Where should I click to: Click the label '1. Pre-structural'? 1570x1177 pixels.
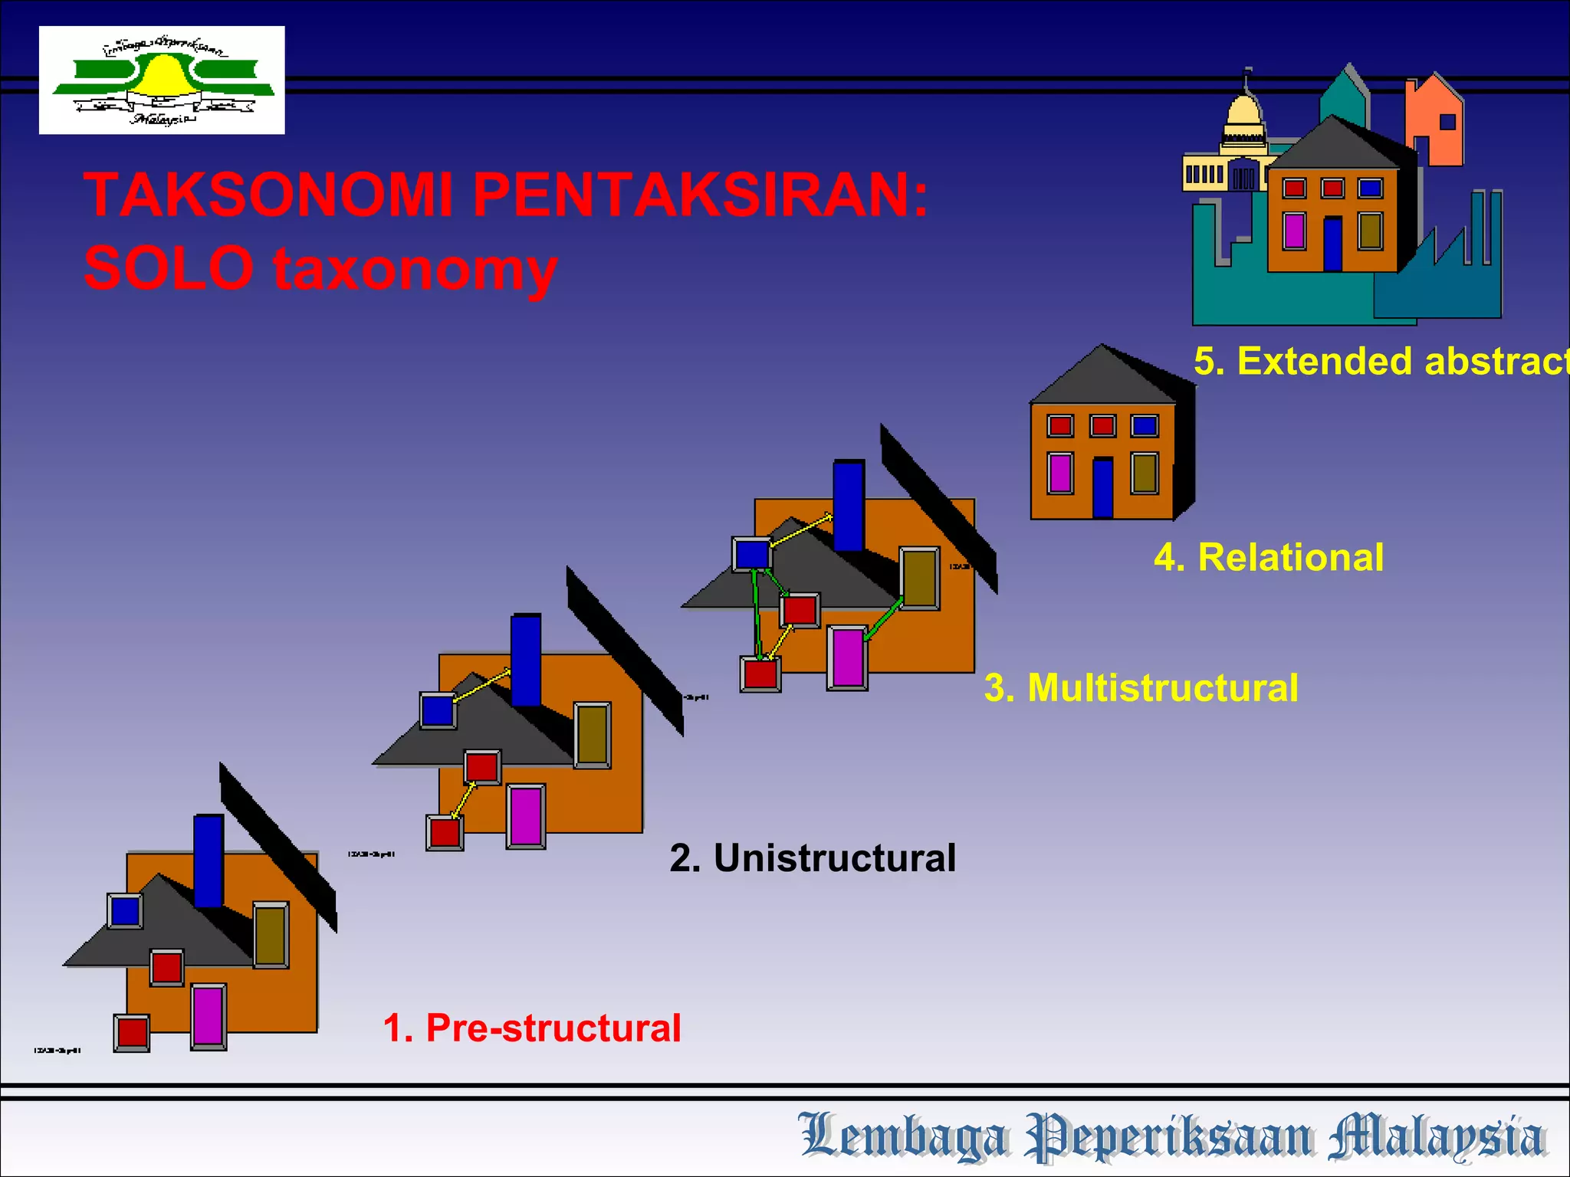(531, 1028)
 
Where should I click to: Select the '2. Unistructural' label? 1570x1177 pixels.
(813, 858)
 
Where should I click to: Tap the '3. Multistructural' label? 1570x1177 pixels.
(1141, 687)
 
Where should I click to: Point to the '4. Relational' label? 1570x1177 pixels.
(1269, 557)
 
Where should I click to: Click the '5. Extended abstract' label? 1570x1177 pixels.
(1380, 361)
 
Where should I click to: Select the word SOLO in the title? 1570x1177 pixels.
(169, 268)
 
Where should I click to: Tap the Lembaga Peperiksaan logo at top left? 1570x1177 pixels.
(162, 80)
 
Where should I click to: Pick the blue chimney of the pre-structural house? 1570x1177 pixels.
(209, 860)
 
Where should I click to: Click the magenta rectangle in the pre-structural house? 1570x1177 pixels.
(208, 1016)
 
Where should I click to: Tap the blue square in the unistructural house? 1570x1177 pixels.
(438, 710)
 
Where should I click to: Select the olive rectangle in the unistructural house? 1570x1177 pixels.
(592, 734)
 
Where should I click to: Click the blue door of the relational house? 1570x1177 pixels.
(1102, 488)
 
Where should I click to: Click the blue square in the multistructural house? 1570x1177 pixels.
(751, 553)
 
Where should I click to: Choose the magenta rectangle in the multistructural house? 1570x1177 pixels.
(847, 657)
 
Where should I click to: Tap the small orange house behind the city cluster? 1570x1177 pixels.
(1435, 123)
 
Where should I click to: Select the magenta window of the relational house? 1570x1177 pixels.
(1060, 473)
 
